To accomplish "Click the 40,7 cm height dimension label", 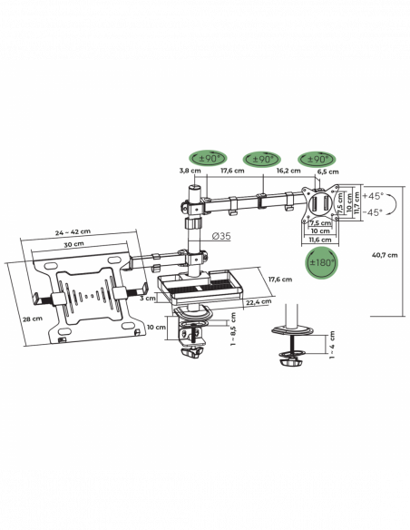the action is click(385, 255).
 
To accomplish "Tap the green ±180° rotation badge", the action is click(322, 262).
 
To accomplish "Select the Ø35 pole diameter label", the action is click(221, 236).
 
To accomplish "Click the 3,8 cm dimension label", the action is click(190, 171).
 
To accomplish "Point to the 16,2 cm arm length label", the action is click(288, 171).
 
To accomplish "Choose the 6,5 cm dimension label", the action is click(328, 172).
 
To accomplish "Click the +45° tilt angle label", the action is click(373, 196).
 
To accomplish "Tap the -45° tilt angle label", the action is click(373, 212).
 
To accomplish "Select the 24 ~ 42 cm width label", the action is click(73, 232).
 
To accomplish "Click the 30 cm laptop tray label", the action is click(73, 244).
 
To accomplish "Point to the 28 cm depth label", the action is click(33, 319).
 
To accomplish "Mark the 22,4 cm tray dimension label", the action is click(259, 302).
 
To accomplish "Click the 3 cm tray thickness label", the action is click(148, 298).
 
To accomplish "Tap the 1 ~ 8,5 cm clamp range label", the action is click(233, 329).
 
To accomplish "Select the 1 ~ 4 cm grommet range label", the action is click(332, 345).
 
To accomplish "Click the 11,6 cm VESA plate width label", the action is click(320, 240).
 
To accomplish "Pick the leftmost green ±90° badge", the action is click(208, 159).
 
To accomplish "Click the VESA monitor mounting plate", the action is click(320, 202).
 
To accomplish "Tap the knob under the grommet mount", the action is click(290, 363).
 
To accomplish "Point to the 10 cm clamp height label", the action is click(156, 328).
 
